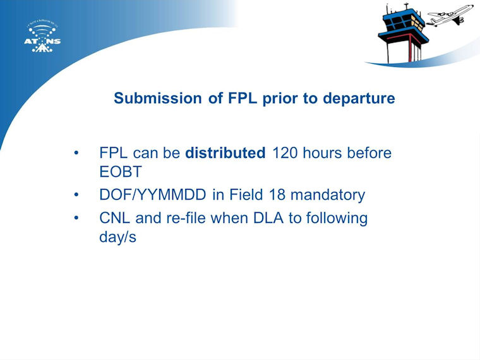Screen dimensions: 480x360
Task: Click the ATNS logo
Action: (x=42, y=37)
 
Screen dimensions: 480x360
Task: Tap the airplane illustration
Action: (x=450, y=15)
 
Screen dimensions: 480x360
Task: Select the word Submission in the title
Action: (x=158, y=99)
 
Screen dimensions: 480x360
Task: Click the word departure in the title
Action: (x=359, y=99)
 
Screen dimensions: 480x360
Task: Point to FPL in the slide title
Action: (x=242, y=98)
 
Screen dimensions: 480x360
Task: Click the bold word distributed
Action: (x=225, y=153)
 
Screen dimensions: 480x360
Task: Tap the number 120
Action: (x=285, y=153)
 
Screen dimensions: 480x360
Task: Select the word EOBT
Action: (x=121, y=172)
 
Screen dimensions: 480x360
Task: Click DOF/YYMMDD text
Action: (x=153, y=195)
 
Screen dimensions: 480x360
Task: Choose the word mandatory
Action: (x=328, y=195)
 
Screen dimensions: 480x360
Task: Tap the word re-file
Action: (x=186, y=218)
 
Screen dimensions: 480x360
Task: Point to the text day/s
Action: (x=118, y=237)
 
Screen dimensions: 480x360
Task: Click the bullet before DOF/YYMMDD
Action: (x=76, y=195)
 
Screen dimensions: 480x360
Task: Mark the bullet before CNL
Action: (x=76, y=218)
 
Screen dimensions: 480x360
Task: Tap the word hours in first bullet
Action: (x=321, y=153)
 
